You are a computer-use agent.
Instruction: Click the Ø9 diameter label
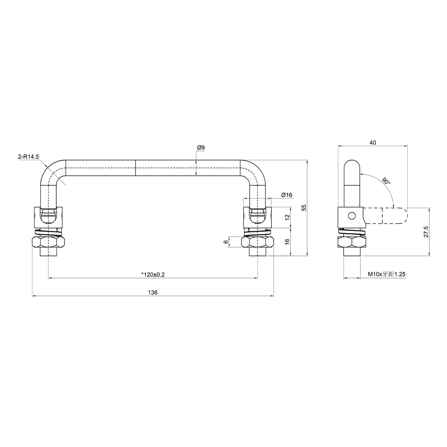tap(201, 148)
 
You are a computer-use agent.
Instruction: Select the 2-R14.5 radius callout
tap(28, 156)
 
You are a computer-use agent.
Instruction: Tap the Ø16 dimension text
tap(286, 195)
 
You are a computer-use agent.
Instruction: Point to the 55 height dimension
tap(304, 207)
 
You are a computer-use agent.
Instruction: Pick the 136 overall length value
tap(153, 292)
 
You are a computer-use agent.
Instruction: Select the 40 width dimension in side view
tap(372, 142)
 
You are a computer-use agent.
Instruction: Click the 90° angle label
tap(385, 181)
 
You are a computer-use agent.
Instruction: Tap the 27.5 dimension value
tap(426, 232)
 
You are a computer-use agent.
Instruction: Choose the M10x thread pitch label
tap(387, 274)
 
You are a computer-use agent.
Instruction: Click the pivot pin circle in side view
tap(351, 215)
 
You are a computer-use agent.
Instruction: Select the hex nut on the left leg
tap(48, 243)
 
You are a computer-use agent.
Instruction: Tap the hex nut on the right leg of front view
tap(258, 243)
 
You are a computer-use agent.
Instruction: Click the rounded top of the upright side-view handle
tap(351, 166)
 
